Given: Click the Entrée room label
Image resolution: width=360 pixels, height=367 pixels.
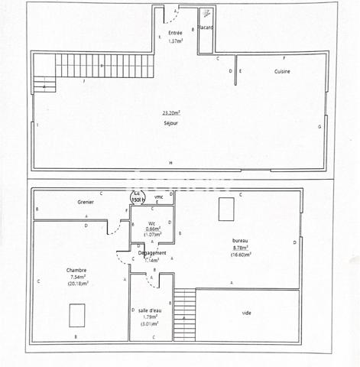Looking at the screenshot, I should pos(175,32).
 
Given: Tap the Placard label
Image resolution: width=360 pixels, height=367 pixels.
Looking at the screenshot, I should pos(206,28).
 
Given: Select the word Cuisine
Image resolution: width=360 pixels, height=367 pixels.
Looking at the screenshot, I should pos(284,71).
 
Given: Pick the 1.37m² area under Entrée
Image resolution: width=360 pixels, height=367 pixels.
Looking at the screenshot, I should pos(176,41).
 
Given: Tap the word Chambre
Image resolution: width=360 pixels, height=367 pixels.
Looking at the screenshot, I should pos(76,269).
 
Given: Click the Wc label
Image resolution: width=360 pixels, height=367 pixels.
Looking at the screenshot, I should pos(152,223).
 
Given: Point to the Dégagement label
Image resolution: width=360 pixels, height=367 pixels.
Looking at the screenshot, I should pos(152,252).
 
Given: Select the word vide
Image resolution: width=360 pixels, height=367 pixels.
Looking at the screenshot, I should pos(246,313).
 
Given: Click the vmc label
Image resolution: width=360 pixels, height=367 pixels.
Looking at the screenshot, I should pos(158,197).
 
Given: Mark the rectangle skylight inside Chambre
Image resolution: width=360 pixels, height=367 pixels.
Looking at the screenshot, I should pos(76,316).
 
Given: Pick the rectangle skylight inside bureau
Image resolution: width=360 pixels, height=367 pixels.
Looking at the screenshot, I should pos(225,209).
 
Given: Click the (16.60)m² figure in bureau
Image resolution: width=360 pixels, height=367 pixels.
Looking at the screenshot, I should pos(242,255).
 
